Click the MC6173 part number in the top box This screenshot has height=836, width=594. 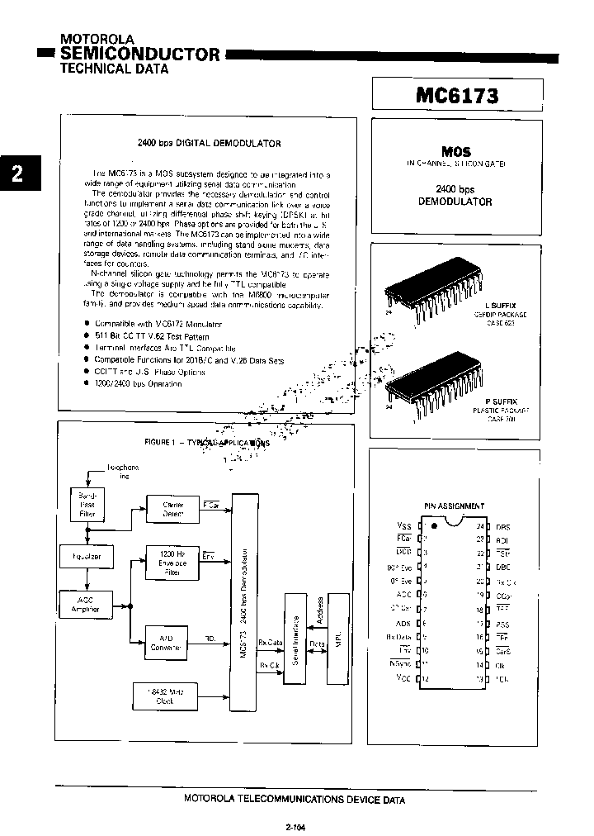[457, 94]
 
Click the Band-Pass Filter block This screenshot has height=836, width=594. [87, 504]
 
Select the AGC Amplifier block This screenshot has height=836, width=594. [86, 606]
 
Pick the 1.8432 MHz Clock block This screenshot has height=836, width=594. [165, 696]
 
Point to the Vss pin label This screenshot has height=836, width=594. [403, 525]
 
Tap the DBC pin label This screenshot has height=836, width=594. [503, 567]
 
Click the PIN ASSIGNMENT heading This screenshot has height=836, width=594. [454, 506]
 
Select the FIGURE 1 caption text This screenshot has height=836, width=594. [206, 442]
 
